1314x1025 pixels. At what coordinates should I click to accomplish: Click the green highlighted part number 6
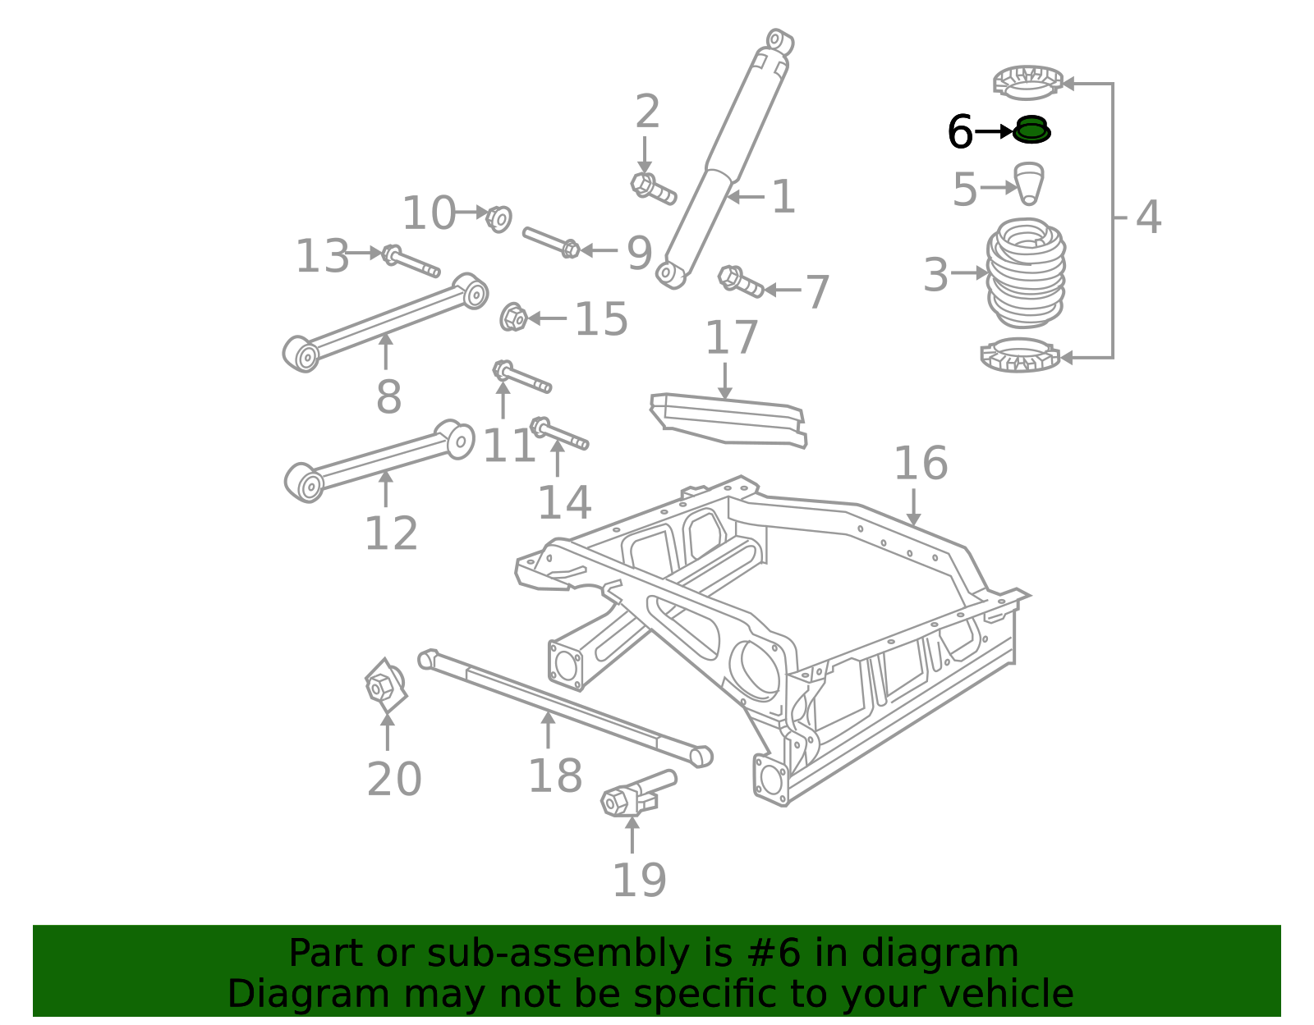click(1031, 130)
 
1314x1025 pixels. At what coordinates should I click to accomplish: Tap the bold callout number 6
click(959, 132)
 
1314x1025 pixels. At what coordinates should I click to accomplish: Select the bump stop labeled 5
click(1029, 182)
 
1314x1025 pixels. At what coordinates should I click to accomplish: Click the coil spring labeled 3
click(1026, 272)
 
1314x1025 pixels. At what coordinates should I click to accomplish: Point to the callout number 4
click(1148, 217)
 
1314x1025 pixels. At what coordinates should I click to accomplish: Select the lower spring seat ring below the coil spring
click(1021, 355)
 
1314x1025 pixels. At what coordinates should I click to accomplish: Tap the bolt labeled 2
click(653, 188)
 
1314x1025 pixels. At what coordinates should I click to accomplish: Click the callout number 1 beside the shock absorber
click(783, 198)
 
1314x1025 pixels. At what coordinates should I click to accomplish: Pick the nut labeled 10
click(498, 218)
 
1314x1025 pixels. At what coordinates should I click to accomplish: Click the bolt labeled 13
click(410, 262)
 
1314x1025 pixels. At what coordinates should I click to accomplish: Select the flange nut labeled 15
click(513, 318)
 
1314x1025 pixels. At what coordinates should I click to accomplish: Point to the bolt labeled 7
click(740, 281)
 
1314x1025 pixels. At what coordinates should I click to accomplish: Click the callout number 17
click(731, 338)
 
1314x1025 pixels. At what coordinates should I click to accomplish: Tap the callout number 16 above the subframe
click(920, 464)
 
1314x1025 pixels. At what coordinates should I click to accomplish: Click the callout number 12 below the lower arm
click(391, 534)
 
